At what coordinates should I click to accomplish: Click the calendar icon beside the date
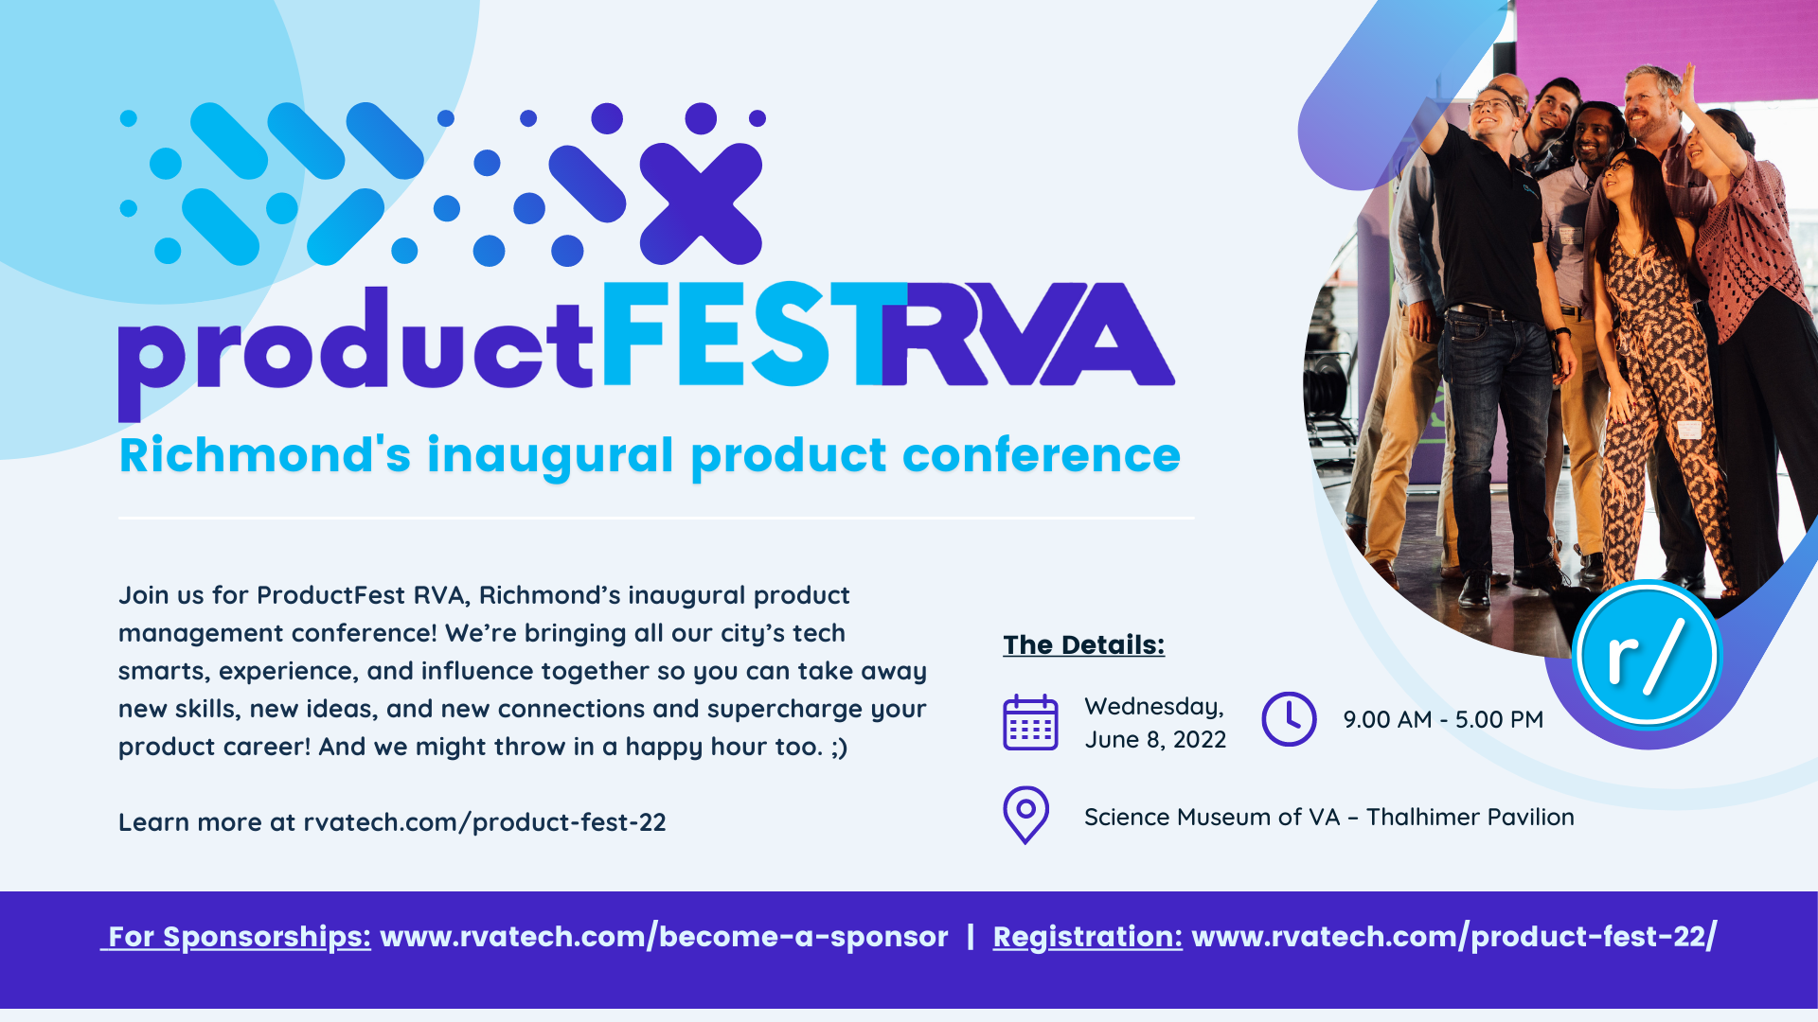point(1030,723)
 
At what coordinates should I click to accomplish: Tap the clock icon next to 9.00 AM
point(1289,719)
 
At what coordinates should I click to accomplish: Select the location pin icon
point(1025,814)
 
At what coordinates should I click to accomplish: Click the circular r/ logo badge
point(1647,655)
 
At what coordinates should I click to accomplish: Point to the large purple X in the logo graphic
point(701,203)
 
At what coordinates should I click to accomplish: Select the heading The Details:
point(1083,644)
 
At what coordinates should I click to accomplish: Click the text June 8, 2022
point(1155,739)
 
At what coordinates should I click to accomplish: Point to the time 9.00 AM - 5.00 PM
point(1443,719)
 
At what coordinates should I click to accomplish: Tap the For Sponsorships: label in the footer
point(238,936)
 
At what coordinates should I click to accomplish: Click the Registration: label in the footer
point(1087,936)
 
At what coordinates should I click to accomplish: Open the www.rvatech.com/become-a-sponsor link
point(663,936)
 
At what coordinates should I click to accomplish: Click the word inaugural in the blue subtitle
point(550,456)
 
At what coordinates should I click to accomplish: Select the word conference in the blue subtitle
point(1041,456)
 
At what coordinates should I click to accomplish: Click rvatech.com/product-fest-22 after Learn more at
point(484,821)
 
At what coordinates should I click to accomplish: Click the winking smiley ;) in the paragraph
point(839,747)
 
